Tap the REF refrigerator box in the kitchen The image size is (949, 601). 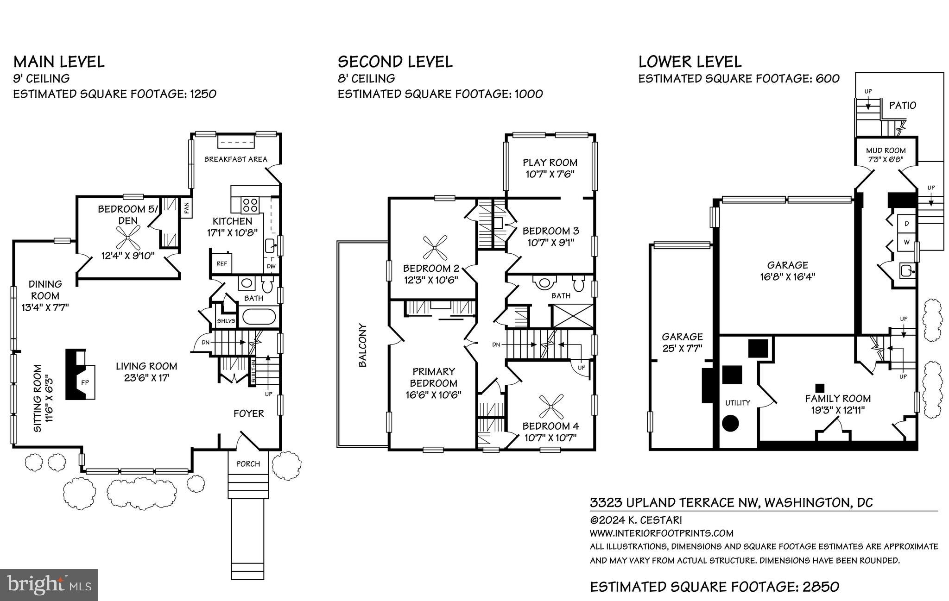click(x=222, y=263)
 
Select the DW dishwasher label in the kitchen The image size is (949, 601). click(x=271, y=266)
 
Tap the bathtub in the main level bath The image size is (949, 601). click(x=259, y=317)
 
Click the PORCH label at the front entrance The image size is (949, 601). click(x=248, y=464)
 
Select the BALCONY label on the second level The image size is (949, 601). click(x=363, y=345)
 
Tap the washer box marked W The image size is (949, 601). click(x=906, y=242)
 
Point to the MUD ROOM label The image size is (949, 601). click(x=886, y=150)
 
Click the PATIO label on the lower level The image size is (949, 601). click(x=903, y=106)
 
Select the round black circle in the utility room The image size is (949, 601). click(x=731, y=422)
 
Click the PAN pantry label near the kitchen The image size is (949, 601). click(x=186, y=207)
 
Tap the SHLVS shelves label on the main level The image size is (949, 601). click(x=226, y=321)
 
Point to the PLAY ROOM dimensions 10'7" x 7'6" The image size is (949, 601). click(x=550, y=174)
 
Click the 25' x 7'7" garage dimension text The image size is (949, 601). click(x=682, y=349)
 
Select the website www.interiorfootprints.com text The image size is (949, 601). click(x=661, y=533)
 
